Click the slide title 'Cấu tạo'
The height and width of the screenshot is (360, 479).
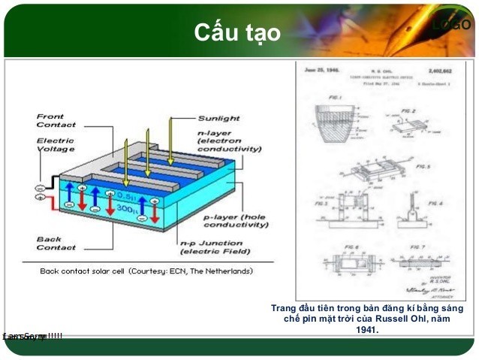pyautogui.click(x=236, y=34)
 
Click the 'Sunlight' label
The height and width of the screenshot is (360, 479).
pyautogui.click(x=218, y=118)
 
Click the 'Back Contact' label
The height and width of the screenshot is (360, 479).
pyautogui.click(x=55, y=244)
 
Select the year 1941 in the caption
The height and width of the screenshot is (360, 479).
pyautogui.click(x=367, y=330)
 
